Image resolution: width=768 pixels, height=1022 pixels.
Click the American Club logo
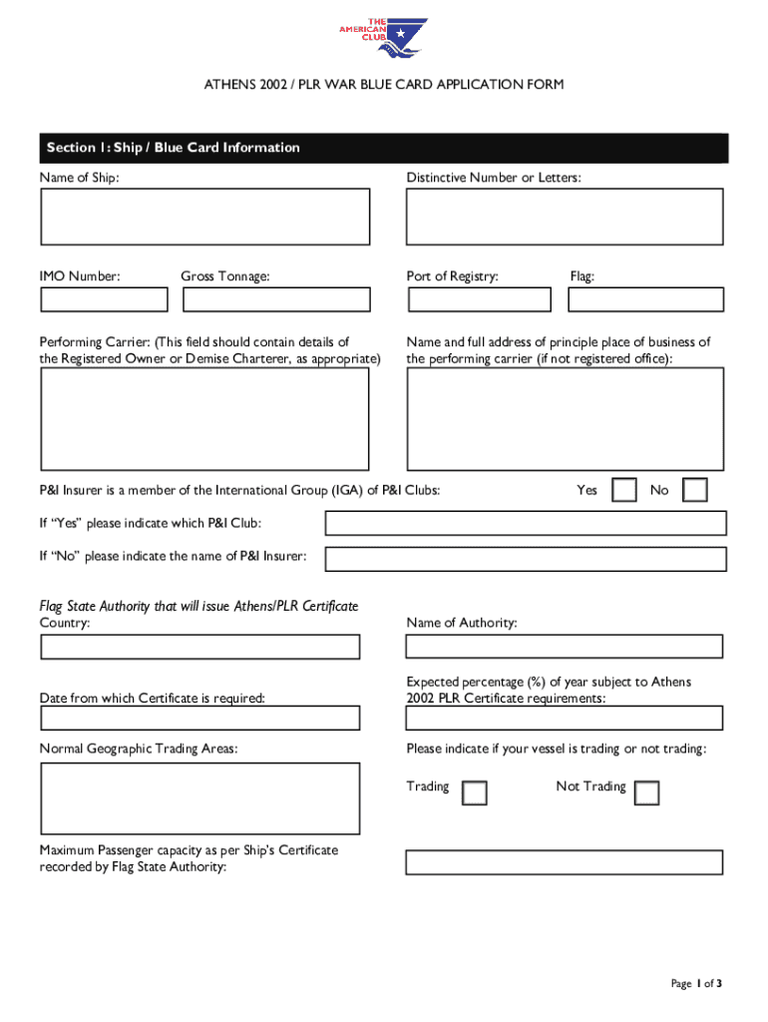coord(384,38)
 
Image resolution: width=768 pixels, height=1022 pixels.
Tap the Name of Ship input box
coord(204,217)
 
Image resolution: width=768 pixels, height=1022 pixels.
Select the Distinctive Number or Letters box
coord(565,217)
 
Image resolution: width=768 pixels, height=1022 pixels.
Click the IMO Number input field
coord(104,299)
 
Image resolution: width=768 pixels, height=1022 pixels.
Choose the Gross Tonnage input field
coord(276,299)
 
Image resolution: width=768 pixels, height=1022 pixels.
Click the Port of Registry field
coord(480,299)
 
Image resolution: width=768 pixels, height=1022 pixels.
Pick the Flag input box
coord(646,299)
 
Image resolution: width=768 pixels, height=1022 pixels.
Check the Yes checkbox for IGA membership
coord(624,490)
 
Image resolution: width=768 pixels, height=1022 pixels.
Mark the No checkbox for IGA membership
coord(695,490)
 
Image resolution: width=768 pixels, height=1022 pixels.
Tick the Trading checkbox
coord(476,792)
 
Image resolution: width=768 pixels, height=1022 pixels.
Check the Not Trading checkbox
coord(647,792)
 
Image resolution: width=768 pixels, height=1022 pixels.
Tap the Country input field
coord(199,647)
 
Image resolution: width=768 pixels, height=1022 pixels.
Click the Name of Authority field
coord(565,647)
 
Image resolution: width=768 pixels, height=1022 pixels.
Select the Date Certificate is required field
coord(199,719)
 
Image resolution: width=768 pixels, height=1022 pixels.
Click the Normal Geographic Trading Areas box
coord(199,798)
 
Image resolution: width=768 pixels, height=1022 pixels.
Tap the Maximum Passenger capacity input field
coord(565,862)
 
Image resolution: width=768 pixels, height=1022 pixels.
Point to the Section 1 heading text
coord(174,148)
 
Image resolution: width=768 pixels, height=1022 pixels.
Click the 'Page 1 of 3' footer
coord(696,984)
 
